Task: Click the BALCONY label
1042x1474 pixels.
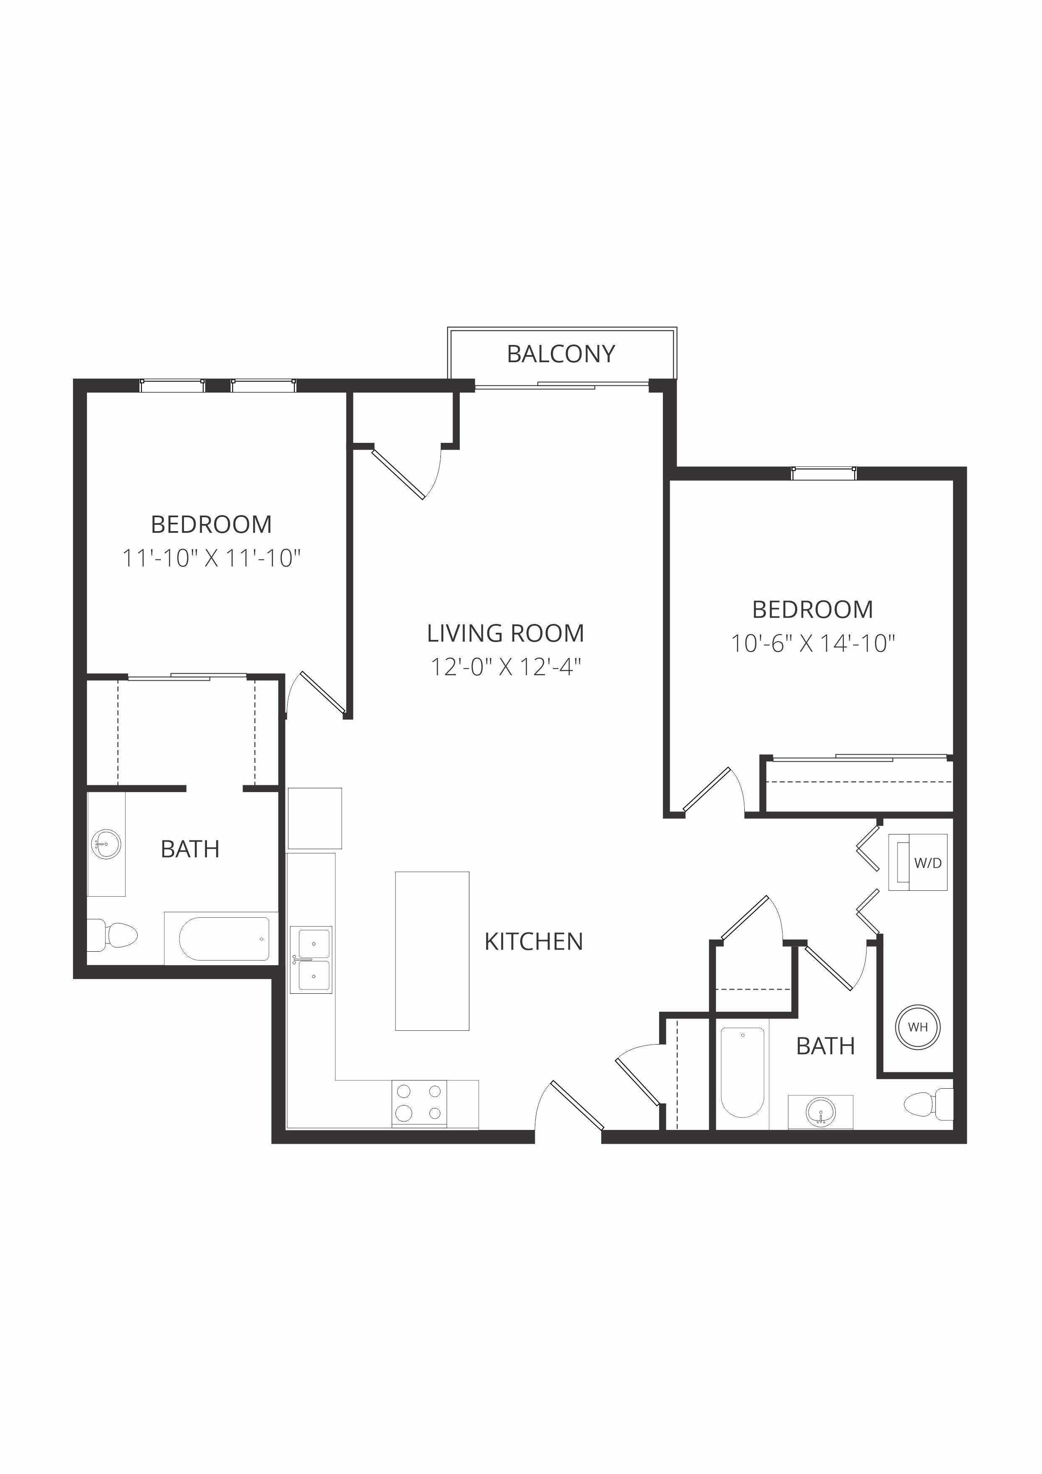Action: tap(561, 354)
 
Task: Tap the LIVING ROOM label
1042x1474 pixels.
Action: tap(505, 634)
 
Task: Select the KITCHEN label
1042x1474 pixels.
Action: tap(534, 942)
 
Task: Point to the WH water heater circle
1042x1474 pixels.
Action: tap(918, 1027)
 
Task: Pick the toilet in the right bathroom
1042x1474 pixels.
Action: tap(928, 1104)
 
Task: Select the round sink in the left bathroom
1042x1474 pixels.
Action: tap(107, 844)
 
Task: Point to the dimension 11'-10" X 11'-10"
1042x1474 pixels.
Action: tap(212, 558)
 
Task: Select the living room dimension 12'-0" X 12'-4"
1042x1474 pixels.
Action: tap(505, 667)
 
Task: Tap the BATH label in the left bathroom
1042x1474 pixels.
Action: tap(190, 849)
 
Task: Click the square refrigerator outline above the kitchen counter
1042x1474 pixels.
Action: tap(314, 818)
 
